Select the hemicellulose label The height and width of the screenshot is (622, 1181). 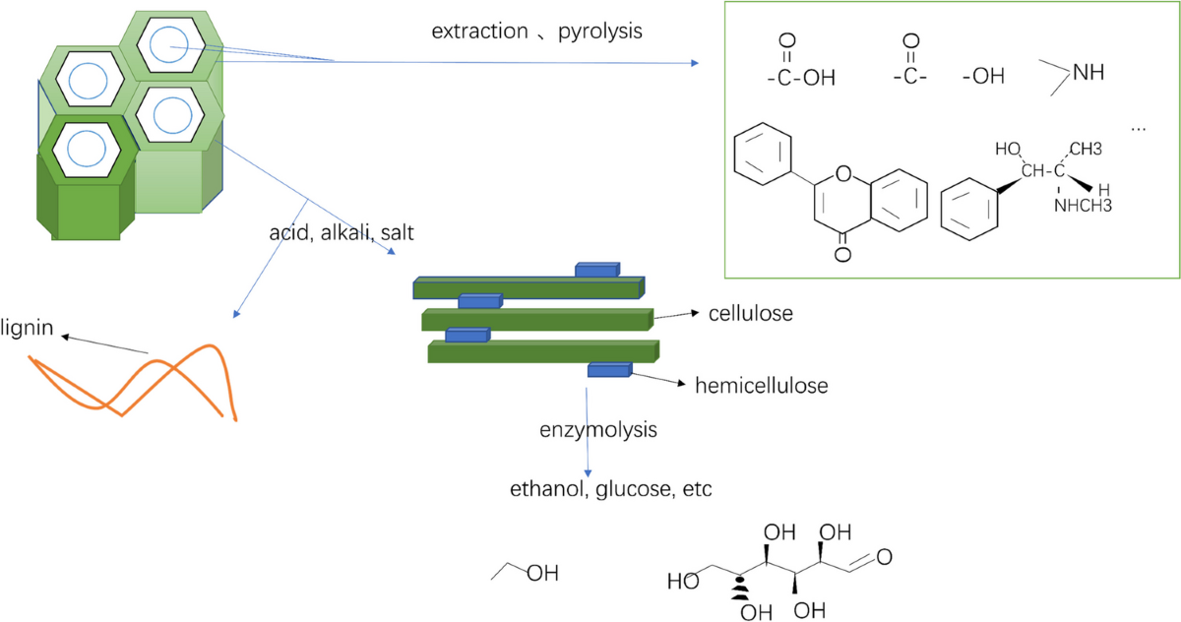(x=761, y=385)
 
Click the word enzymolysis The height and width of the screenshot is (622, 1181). (x=597, y=430)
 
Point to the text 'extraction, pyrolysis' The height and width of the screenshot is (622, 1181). (x=536, y=31)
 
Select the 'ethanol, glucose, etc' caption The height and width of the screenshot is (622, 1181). (x=610, y=489)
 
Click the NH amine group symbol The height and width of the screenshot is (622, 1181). (x=1087, y=72)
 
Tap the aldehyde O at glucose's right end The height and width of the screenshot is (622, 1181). (x=883, y=557)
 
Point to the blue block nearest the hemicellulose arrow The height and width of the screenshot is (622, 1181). (x=610, y=369)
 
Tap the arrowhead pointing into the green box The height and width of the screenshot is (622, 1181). (x=694, y=63)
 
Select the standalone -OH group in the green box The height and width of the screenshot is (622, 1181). (x=983, y=77)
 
